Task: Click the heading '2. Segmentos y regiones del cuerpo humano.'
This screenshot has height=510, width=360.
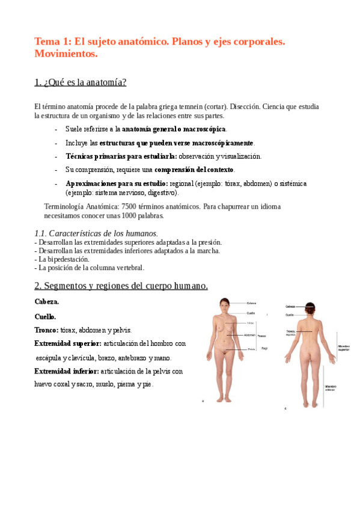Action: tap(121, 286)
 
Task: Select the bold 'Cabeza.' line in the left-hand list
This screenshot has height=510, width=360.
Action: tap(47, 301)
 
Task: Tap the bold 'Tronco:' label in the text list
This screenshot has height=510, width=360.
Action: tap(46, 330)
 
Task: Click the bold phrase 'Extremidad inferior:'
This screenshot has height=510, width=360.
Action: tap(67, 371)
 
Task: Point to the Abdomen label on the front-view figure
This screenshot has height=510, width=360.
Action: tap(250, 335)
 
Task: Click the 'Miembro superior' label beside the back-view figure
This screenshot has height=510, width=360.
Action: tap(344, 348)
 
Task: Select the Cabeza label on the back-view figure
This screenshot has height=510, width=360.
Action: tap(290, 306)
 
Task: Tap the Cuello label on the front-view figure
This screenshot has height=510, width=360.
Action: tap(251, 313)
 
